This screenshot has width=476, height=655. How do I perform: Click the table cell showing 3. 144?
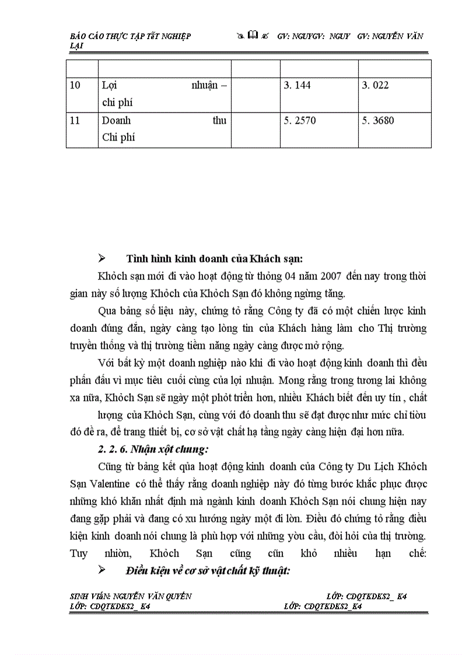297,86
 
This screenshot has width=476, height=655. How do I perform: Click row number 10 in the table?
75,86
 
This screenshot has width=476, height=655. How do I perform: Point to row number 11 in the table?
75,121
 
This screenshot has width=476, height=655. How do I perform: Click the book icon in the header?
253,36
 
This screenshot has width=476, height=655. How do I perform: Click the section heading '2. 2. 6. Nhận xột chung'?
146,449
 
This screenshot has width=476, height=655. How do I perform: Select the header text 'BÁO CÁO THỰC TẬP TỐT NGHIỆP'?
130,36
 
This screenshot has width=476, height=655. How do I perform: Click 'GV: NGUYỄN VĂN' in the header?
390,36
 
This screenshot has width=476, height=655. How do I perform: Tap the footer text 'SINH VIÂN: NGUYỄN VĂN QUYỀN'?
131,597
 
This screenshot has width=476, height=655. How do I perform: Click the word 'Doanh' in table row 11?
116,121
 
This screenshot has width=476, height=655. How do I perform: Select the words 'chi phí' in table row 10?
117,103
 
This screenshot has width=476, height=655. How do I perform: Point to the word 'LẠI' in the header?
75,45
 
